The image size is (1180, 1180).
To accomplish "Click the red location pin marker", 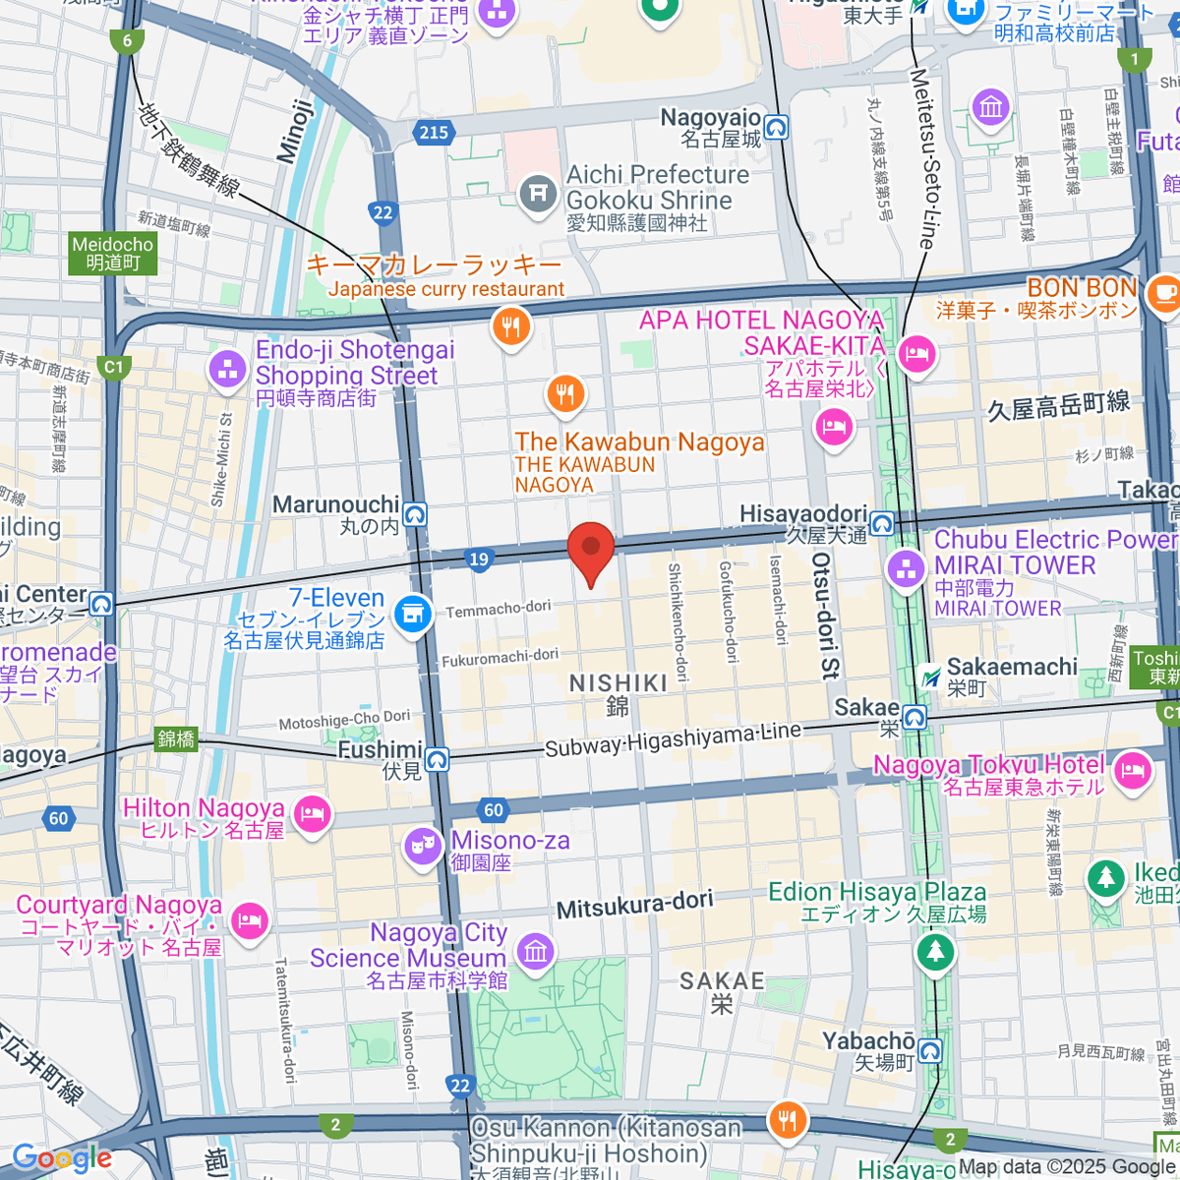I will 591,549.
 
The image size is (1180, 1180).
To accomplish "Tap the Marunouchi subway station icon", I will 415,514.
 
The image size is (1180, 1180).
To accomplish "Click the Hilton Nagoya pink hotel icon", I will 312,814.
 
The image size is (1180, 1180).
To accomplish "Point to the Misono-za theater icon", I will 423,846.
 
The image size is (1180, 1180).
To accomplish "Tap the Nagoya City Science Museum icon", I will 536,951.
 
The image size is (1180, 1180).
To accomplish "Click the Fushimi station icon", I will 437,759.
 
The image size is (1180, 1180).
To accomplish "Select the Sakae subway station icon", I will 914,717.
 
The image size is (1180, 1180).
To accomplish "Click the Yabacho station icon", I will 929,1050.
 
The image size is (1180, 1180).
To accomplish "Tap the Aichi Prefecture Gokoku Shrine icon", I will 538,192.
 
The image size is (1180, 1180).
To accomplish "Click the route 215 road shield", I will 433,132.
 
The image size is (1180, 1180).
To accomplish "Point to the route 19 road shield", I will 478,560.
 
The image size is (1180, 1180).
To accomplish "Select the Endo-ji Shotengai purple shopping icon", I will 228,370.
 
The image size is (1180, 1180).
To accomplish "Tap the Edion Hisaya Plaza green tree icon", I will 935,951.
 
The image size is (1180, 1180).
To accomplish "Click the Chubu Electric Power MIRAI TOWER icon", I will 906,567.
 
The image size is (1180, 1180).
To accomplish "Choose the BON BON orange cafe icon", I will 1163,293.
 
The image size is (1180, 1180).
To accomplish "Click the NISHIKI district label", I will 618,683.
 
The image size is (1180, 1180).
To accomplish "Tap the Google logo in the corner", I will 61,1157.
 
